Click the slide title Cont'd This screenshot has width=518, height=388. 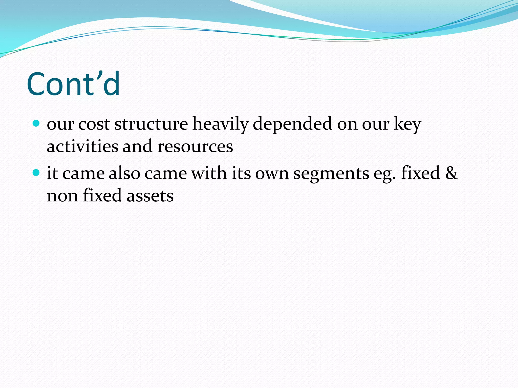73,84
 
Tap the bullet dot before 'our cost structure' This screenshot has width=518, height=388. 36,124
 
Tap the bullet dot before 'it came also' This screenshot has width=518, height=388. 36,173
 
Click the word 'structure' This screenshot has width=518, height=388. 151,124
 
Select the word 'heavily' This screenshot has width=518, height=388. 220,125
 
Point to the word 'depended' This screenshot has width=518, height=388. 292,124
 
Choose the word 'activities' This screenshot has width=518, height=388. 82,146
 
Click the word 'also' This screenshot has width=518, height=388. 124,173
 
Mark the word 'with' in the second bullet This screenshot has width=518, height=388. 209,173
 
